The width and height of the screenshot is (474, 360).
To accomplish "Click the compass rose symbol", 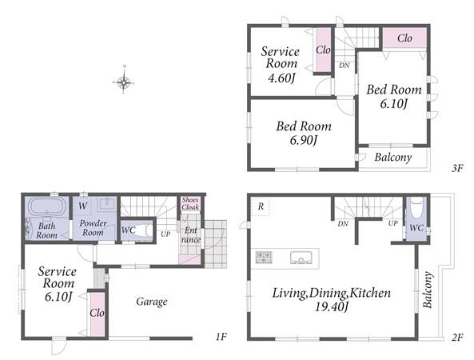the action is (123, 82).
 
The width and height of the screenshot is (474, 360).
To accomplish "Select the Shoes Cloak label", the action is (190, 203).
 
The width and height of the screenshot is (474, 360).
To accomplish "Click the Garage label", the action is (152, 302).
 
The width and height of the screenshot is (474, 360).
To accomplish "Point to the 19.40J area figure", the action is (332, 306).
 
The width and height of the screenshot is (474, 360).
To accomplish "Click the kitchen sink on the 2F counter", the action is (301, 258).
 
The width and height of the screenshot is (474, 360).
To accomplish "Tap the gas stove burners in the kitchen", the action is (264, 257).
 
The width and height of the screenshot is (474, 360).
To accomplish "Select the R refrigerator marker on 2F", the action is (261, 206).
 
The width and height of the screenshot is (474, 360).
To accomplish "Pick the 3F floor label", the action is (457, 168).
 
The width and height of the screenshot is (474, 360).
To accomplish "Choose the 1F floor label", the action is (221, 337).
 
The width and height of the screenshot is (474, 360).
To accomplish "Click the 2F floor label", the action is (457, 337).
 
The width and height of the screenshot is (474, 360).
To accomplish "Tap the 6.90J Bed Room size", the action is (303, 140).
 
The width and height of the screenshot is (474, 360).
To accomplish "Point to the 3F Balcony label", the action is (393, 158).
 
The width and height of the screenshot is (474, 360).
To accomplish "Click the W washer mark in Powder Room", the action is (83, 206).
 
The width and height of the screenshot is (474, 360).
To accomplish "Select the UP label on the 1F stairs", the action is (165, 234).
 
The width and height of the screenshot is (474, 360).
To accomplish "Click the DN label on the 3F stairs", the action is (344, 65).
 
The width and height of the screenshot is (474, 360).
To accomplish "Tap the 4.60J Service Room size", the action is (281, 78).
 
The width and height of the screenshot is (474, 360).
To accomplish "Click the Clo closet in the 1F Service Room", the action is (98, 314).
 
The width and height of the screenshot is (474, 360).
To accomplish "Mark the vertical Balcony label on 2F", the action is (427, 290).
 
